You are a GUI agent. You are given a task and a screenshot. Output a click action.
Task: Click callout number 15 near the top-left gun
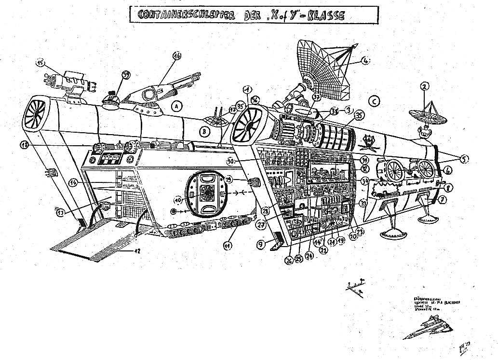(40, 63)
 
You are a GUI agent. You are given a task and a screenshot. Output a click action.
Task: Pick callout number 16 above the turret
(177, 56)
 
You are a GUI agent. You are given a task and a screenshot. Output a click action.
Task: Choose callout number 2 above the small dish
(424, 87)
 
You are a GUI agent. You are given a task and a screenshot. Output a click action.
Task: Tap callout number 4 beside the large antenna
(366, 61)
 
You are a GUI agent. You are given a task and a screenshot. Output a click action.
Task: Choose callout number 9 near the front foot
(261, 244)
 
